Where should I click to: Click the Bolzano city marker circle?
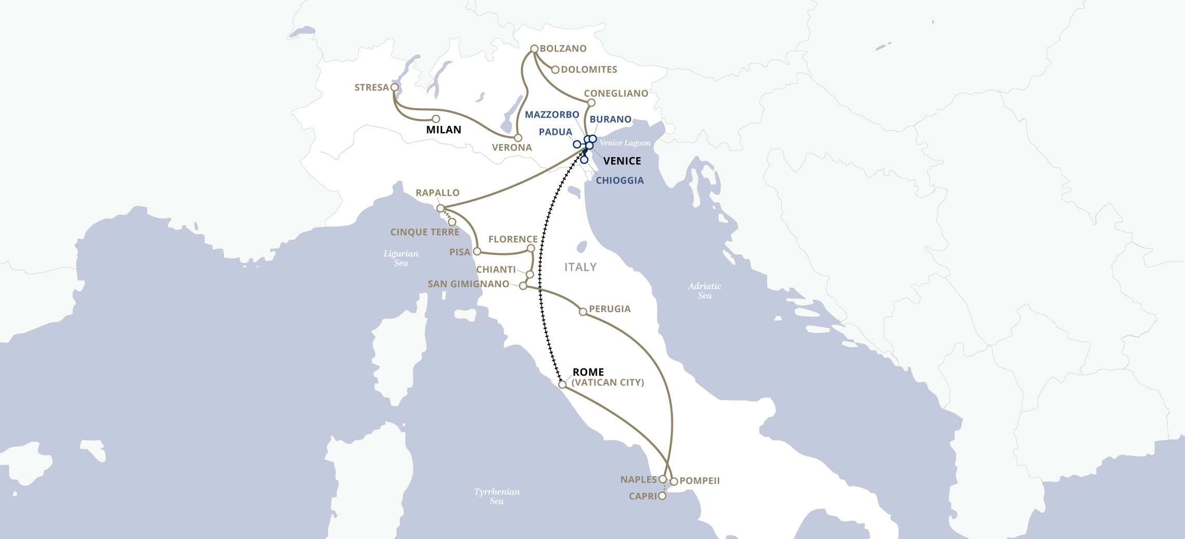click(x=534, y=49)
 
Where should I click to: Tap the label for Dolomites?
click(x=589, y=70)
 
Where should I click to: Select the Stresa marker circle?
click(x=394, y=87)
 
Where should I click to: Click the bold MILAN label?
click(x=443, y=130)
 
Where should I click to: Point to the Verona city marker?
click(x=518, y=138)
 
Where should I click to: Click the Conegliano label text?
click(x=616, y=94)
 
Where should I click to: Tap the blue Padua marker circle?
click(x=576, y=144)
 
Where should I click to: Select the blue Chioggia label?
click(x=620, y=181)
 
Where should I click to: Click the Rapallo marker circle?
click(x=440, y=208)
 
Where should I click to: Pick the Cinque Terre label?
click(x=425, y=232)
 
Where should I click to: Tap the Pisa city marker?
click(x=477, y=251)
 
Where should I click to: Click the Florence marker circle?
click(x=531, y=248)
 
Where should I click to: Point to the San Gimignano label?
click(x=468, y=284)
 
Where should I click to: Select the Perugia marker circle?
click(x=583, y=312)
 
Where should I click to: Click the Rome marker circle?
click(x=562, y=384)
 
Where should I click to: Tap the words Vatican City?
click(x=608, y=382)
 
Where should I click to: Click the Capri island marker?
click(x=662, y=496)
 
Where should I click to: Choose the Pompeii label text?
click(x=700, y=481)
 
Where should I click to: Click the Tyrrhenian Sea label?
click(x=496, y=496)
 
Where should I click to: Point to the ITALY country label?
click(x=580, y=267)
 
